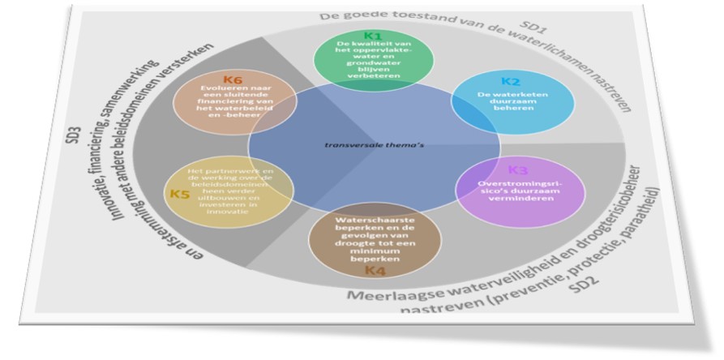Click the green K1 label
(371, 36)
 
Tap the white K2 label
(510, 81)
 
